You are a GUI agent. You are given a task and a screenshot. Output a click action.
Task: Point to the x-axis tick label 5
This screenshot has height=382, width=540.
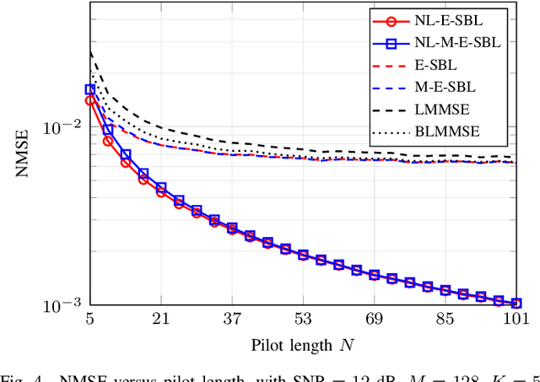click(89, 320)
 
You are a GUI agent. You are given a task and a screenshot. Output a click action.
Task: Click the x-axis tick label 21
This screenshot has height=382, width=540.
click(162, 320)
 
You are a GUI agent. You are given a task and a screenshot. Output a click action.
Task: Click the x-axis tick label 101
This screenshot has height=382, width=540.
click(516, 320)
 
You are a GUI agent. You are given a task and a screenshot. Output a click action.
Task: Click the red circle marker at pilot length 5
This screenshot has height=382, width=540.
click(89, 100)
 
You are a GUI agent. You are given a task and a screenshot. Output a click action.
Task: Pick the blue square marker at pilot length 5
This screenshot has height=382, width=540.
click(89, 89)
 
